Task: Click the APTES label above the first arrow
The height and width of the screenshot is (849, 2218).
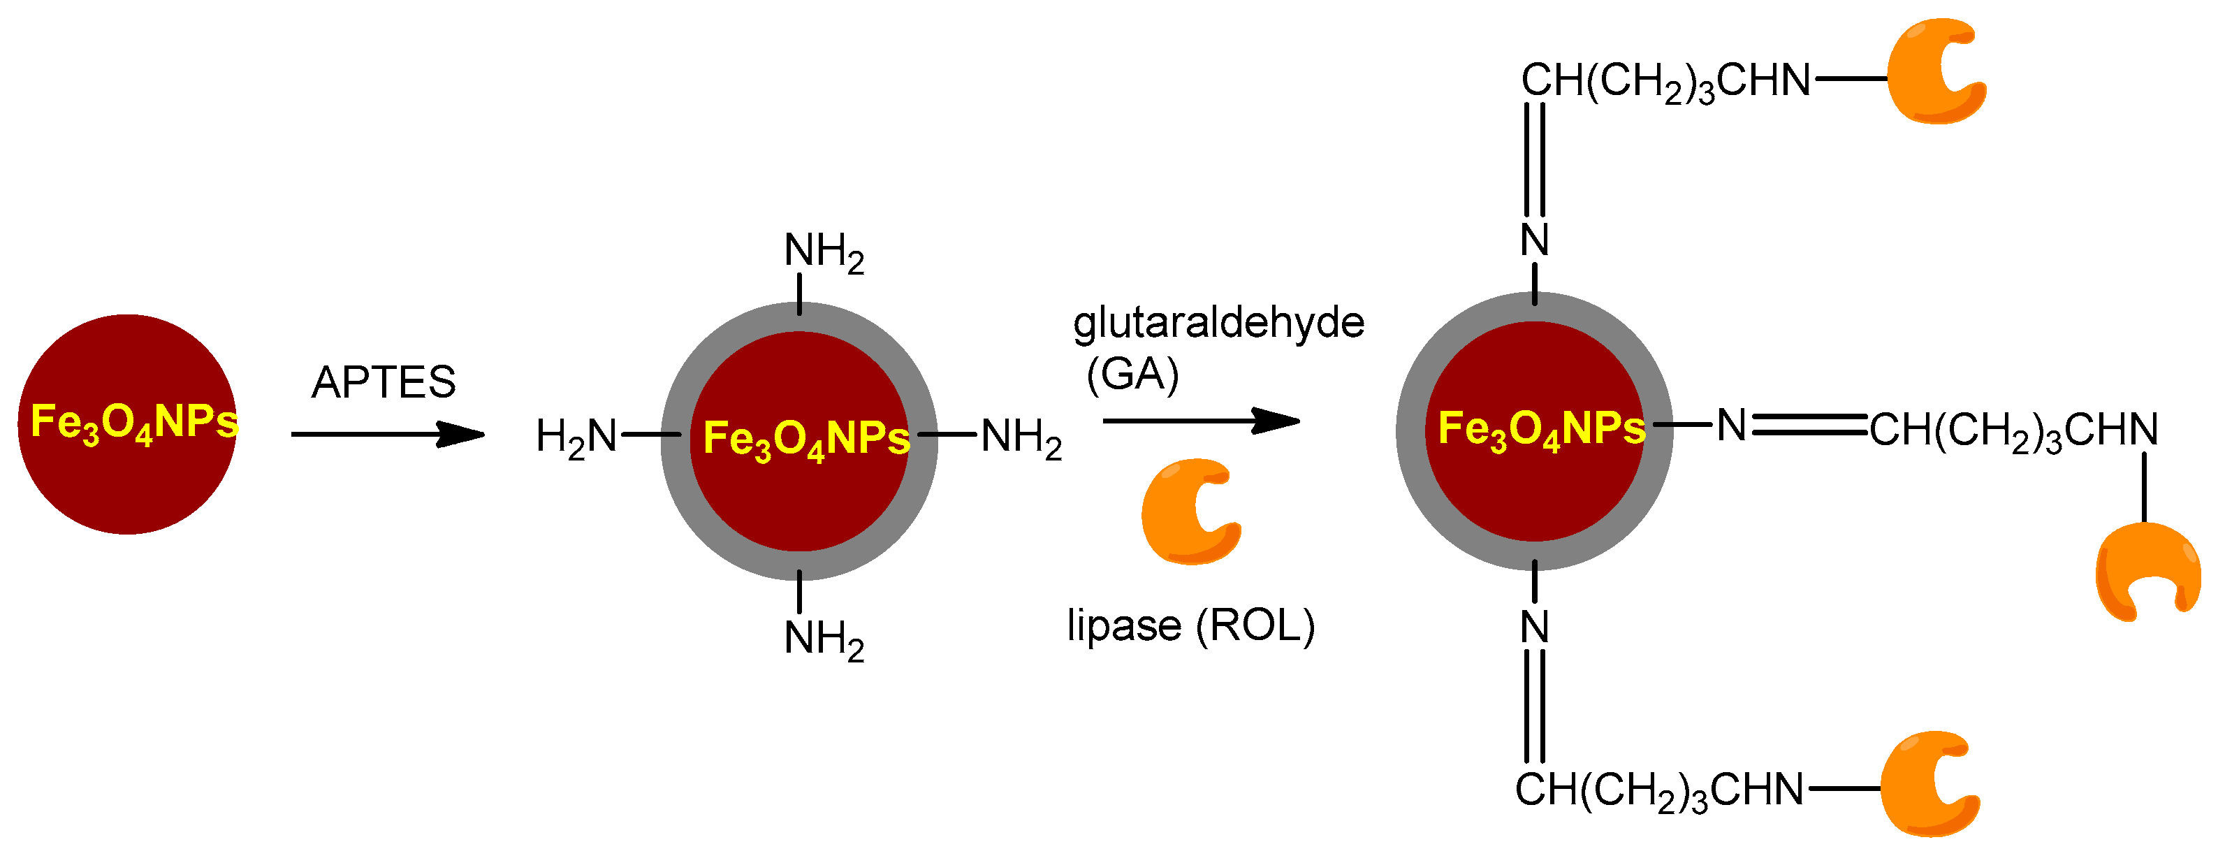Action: point(383,382)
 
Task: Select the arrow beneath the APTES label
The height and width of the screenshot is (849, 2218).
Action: point(388,434)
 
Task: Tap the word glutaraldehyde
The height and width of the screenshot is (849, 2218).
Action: point(1218,324)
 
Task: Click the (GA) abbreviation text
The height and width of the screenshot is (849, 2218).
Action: point(1132,374)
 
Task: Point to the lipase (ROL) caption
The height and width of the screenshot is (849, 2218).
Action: point(1191,625)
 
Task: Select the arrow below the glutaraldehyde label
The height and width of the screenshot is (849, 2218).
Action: point(1200,421)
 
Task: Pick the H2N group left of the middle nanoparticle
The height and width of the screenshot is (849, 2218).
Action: point(576,436)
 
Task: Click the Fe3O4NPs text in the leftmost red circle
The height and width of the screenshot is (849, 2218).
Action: point(133,423)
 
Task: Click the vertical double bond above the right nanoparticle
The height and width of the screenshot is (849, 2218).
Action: point(1534,160)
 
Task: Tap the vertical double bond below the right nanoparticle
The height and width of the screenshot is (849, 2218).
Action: point(1534,706)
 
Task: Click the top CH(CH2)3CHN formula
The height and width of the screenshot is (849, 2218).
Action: point(1666,81)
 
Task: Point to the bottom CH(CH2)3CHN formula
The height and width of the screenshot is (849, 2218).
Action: point(1659,790)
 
